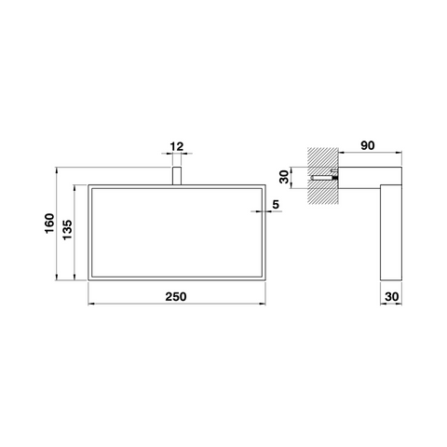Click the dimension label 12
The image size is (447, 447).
pyautogui.click(x=177, y=146)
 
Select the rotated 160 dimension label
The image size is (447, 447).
pyautogui.click(x=49, y=223)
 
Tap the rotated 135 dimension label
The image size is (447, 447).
pyautogui.click(x=67, y=230)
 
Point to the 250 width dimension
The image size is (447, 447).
pyautogui.click(x=176, y=297)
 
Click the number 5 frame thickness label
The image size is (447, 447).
pyautogui.click(x=276, y=205)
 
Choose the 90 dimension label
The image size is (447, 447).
pyautogui.click(x=368, y=145)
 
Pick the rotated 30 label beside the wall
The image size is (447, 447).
pyautogui.click(x=284, y=177)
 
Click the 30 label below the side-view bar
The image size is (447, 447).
pyautogui.click(x=392, y=297)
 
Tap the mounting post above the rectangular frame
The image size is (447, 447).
pyautogui.click(x=177, y=176)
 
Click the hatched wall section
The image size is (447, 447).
pyautogui.click(x=322, y=176)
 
